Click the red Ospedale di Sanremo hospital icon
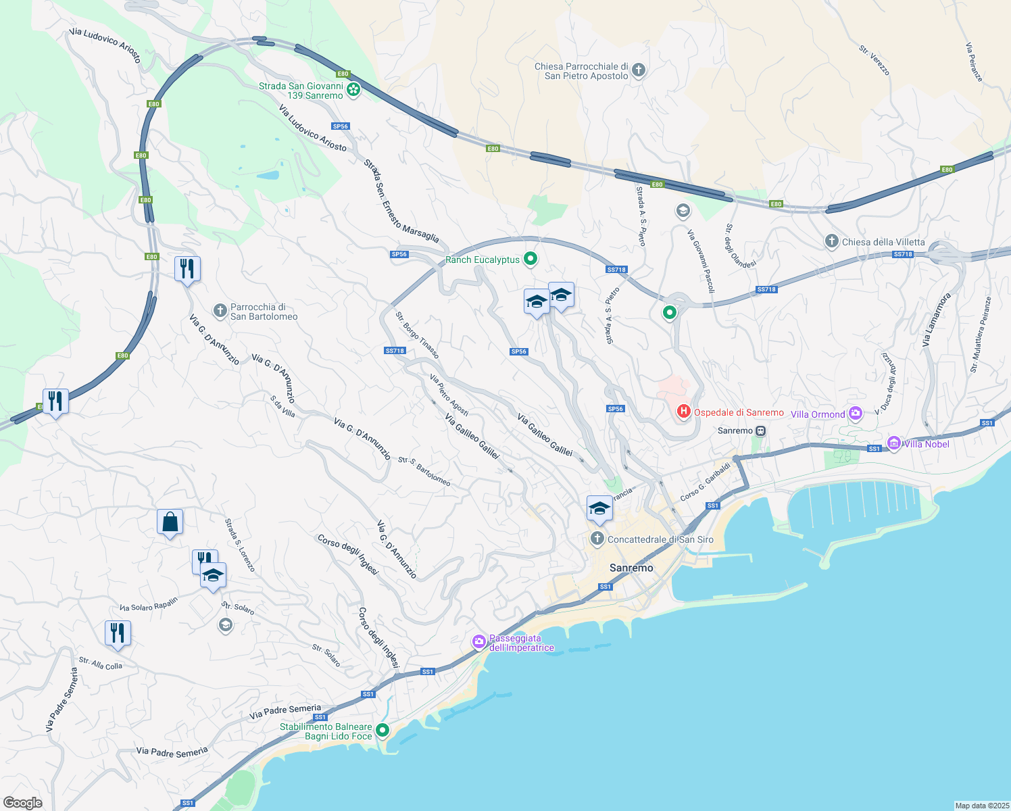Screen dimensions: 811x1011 pyautogui.click(x=683, y=411)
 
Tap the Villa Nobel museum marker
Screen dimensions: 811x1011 pyautogui.click(x=894, y=443)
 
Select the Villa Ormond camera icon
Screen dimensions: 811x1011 pyautogui.click(x=856, y=413)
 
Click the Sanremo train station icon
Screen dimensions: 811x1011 pyautogui.click(x=761, y=431)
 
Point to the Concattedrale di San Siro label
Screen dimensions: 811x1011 pyautogui.click(x=660, y=539)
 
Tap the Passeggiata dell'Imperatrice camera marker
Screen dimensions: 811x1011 pyautogui.click(x=479, y=641)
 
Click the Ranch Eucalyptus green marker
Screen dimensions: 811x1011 pyautogui.click(x=531, y=258)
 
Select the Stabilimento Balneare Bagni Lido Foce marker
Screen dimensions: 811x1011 pyautogui.click(x=383, y=730)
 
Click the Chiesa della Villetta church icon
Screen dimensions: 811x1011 pyautogui.click(x=832, y=241)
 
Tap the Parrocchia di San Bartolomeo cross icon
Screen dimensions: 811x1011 pyautogui.click(x=220, y=311)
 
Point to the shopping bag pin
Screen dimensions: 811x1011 pyautogui.click(x=170, y=522)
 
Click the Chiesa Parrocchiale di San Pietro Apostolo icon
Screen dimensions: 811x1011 pyautogui.click(x=639, y=70)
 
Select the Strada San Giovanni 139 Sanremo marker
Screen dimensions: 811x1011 pyautogui.click(x=353, y=89)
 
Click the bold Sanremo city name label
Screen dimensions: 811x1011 pyautogui.click(x=631, y=568)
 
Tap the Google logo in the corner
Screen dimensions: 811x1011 pyautogui.click(x=22, y=802)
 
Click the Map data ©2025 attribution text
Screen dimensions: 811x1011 pyautogui.click(x=981, y=806)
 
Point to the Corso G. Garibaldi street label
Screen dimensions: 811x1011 pyautogui.click(x=706, y=481)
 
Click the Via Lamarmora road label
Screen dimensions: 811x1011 pyautogui.click(x=936, y=320)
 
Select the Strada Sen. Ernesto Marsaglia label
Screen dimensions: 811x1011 pyautogui.click(x=401, y=201)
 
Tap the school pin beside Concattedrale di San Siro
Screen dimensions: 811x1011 pyautogui.click(x=599, y=509)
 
